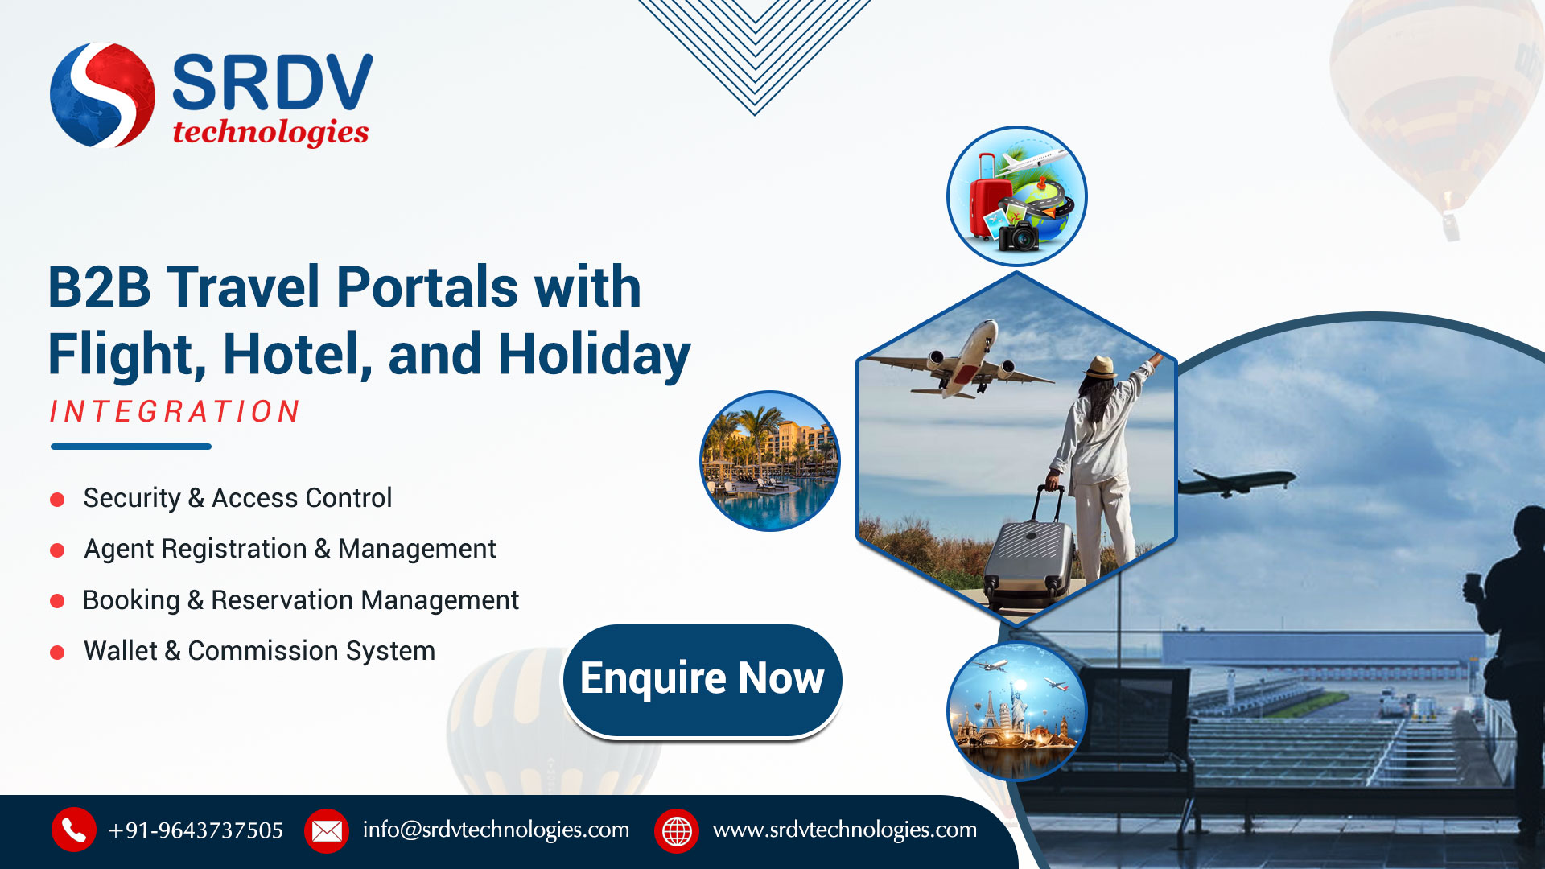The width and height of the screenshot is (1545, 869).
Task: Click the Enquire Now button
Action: point(702,680)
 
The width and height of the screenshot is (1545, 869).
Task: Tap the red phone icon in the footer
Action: point(74,830)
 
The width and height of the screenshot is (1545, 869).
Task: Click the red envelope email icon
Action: point(327,830)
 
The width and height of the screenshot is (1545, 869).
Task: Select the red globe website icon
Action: point(677,830)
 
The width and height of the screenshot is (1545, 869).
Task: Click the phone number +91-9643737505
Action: point(196,830)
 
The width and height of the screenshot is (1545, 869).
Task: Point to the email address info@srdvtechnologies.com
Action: point(496,830)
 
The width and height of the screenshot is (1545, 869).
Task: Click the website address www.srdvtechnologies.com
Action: point(845,830)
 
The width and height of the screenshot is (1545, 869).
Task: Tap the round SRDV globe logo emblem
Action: point(102,95)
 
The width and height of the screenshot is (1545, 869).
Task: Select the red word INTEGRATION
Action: point(175,411)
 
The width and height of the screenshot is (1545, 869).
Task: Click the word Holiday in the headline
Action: point(595,354)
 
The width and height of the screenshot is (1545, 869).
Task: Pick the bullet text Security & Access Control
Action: point(237,498)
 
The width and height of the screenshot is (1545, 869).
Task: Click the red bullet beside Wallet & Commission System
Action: point(57,653)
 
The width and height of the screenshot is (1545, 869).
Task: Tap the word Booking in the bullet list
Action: point(131,600)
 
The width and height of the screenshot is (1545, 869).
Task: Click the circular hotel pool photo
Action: point(770,461)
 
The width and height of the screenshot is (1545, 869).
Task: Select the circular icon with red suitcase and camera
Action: point(1017,196)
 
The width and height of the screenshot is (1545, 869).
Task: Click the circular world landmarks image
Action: point(1017,711)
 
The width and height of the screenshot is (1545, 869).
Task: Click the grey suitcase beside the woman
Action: point(1030,555)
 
